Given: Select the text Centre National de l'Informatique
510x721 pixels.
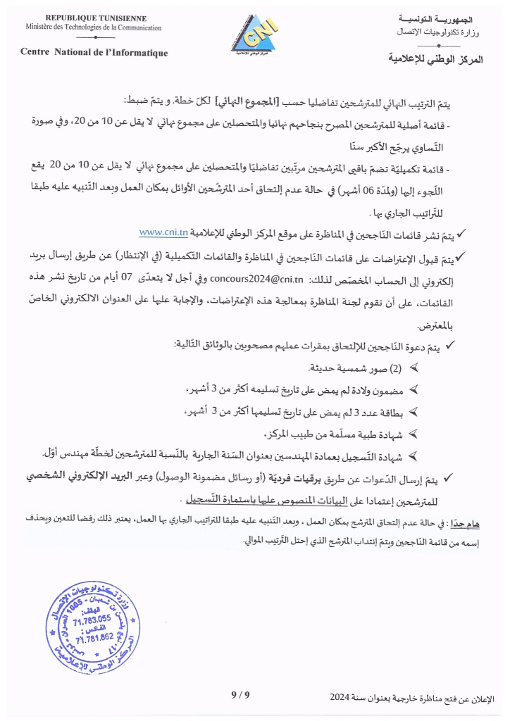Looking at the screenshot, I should [94, 53].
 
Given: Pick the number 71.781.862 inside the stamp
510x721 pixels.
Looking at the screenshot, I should [94, 637].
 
